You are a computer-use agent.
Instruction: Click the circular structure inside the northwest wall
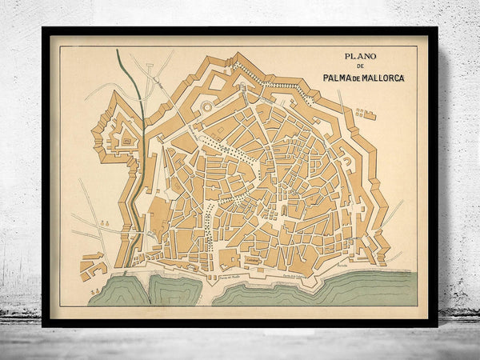(209, 106)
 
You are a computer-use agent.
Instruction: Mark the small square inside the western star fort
(126, 142)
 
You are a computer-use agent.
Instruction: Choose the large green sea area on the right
(336, 286)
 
